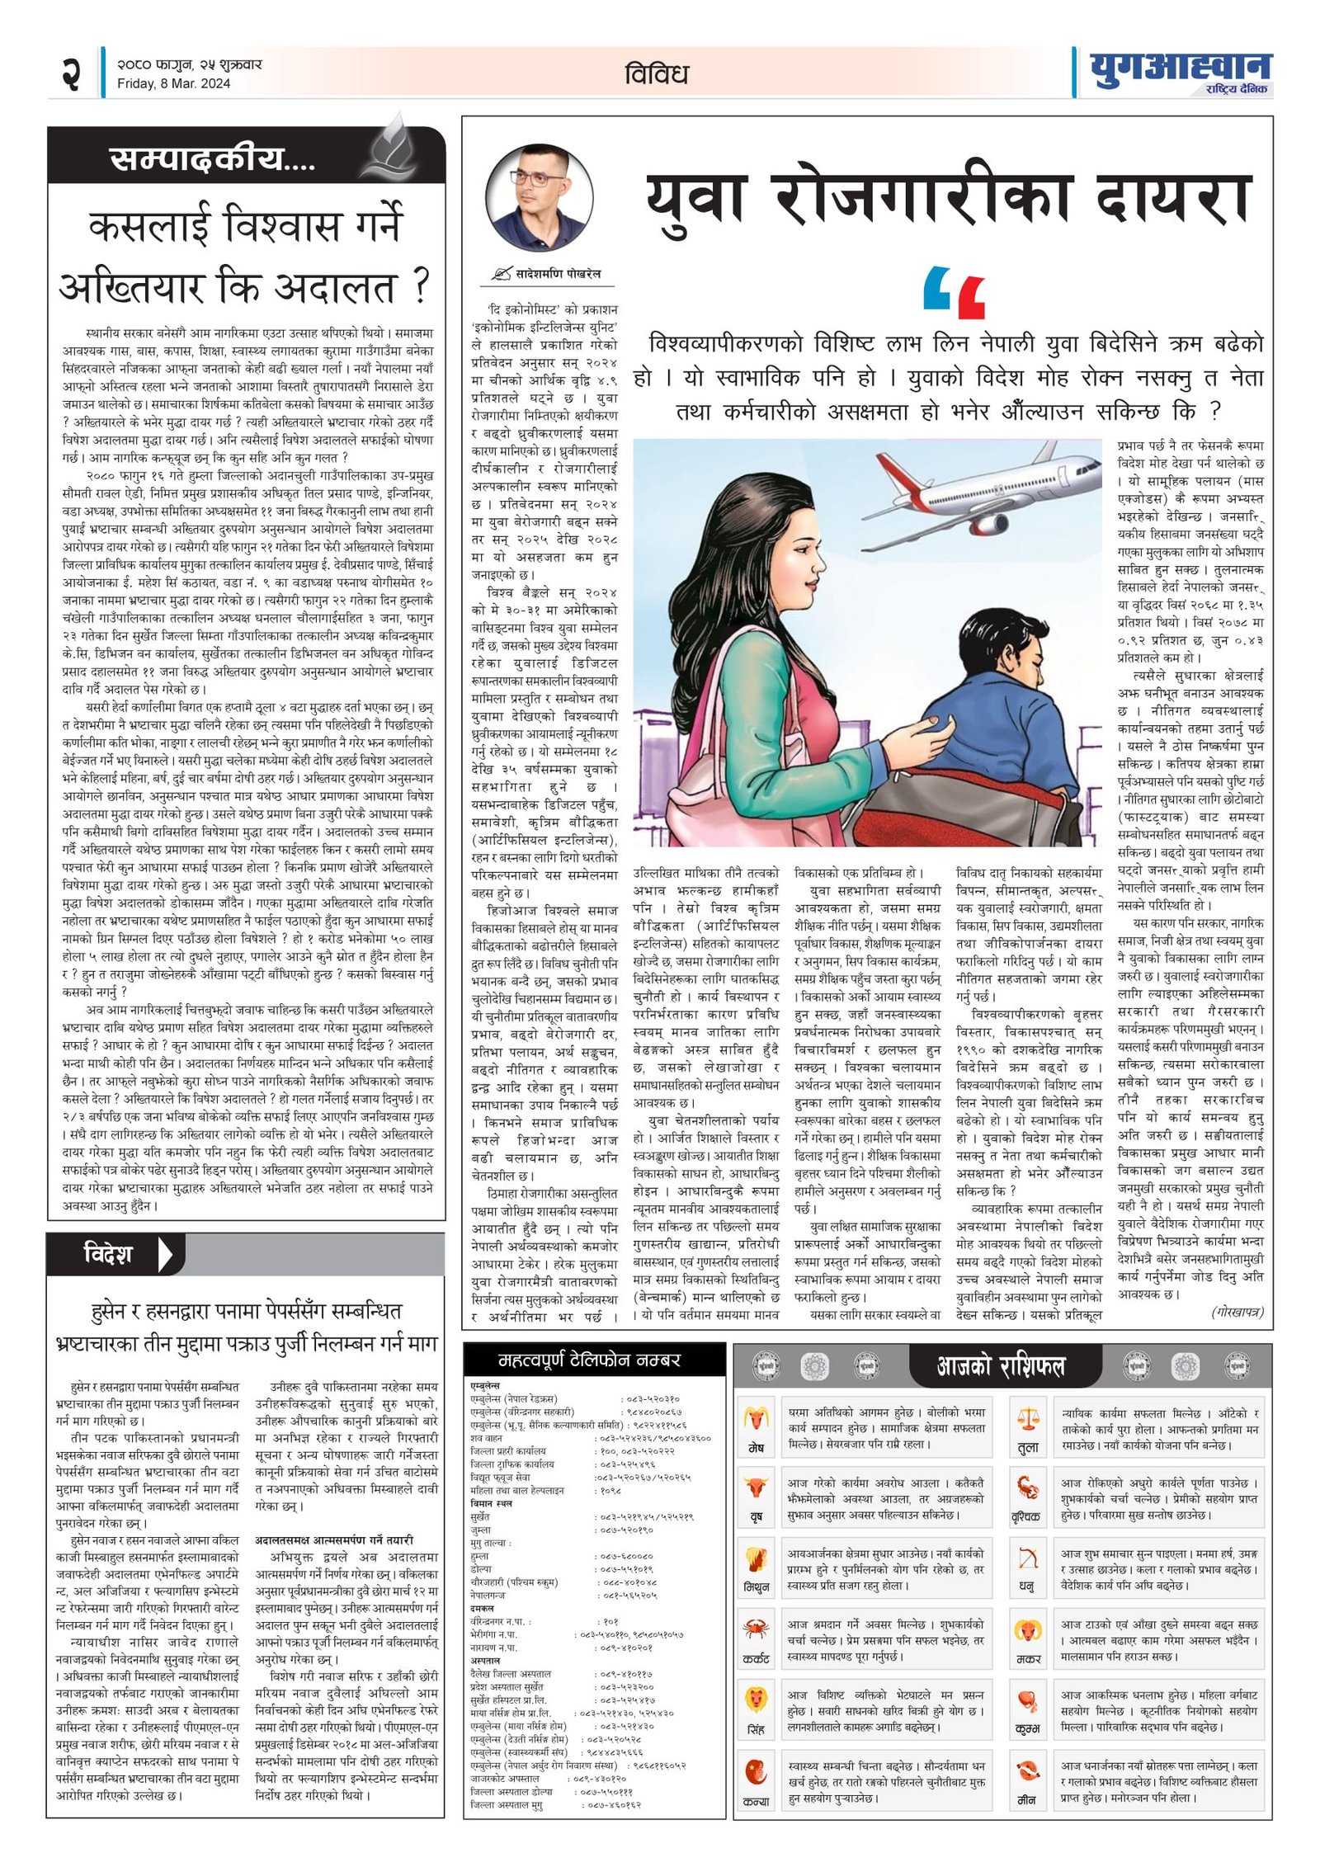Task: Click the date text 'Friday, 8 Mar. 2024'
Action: coord(173,83)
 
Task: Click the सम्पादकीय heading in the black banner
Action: coord(212,158)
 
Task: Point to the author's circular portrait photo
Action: coord(540,199)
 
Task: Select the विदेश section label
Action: coord(108,1255)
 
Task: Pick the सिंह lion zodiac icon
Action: coord(756,1700)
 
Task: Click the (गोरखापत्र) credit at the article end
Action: coord(1237,1313)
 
